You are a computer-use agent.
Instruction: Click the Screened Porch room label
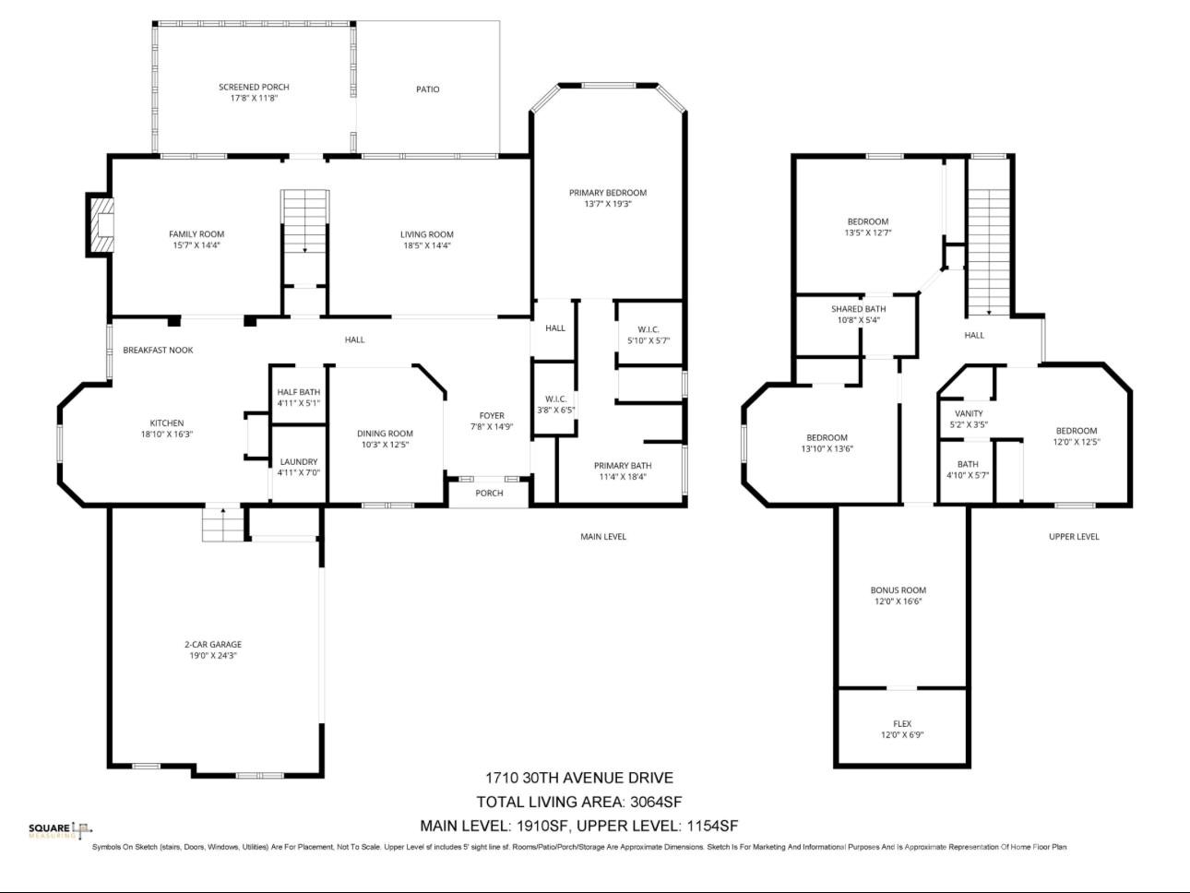[x=254, y=87]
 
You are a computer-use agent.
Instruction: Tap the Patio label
[x=427, y=89]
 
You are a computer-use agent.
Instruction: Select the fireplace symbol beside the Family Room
[x=100, y=225]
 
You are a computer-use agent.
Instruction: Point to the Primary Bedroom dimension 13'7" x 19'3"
[x=608, y=204]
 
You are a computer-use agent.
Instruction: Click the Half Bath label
[x=298, y=392]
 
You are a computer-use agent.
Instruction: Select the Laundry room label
[x=298, y=461]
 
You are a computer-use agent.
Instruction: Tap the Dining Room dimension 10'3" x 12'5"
[x=385, y=445]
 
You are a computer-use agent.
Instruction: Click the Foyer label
[x=492, y=415]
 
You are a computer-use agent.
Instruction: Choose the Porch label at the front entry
[x=489, y=493]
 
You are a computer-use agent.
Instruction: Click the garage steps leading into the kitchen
[x=222, y=525]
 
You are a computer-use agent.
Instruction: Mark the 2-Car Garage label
[x=213, y=645]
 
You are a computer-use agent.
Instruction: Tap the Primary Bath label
[x=623, y=466]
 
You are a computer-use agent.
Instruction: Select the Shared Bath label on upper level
[x=858, y=309]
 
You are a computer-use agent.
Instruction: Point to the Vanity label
[x=969, y=413]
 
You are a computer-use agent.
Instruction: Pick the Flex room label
[x=902, y=724]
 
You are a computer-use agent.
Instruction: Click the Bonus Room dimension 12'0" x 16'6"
[x=898, y=601]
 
